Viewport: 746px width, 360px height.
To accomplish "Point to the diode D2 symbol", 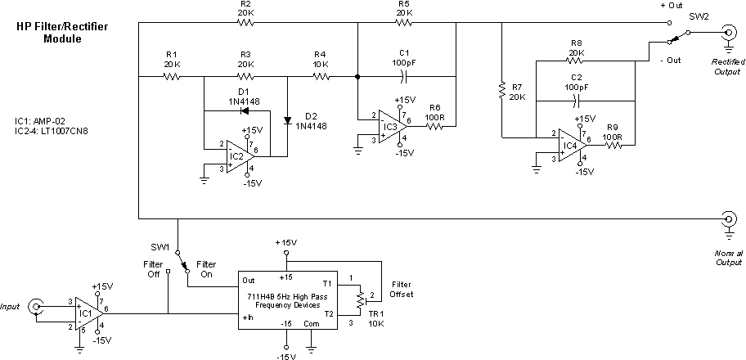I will click(x=288, y=121).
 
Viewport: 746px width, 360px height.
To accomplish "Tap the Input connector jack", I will click(x=36, y=307).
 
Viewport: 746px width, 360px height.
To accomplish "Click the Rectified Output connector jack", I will click(x=727, y=34).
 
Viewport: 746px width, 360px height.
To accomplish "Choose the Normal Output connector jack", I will click(x=727, y=218).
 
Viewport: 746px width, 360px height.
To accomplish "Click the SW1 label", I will click(x=160, y=246).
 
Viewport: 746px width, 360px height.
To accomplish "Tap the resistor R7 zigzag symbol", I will click(x=501, y=90).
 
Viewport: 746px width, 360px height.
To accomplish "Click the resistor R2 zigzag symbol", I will click(x=245, y=23).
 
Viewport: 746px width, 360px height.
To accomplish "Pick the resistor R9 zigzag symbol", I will click(x=612, y=145).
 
